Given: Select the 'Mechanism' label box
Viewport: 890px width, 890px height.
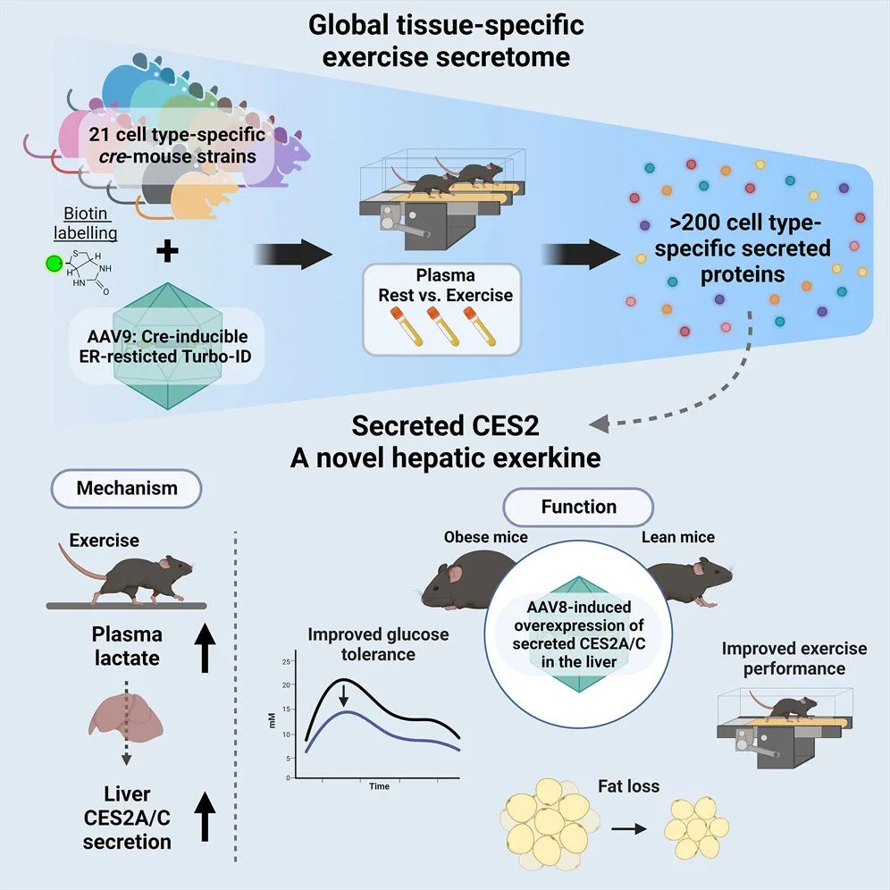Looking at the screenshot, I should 126,488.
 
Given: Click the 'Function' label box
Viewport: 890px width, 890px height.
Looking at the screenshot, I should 578,507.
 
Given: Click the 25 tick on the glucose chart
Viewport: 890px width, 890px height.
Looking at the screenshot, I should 287,662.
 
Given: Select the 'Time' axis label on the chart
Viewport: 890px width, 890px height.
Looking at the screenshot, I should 379,786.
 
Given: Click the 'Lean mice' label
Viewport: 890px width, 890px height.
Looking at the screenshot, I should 678,537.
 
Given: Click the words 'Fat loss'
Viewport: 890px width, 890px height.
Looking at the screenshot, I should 629,787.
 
